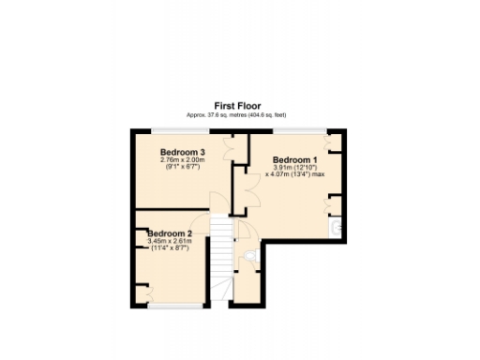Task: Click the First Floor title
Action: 239,106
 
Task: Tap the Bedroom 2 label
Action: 170,233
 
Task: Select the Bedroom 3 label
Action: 183,152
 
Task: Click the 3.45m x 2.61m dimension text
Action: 170,241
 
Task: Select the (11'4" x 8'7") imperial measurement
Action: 170,248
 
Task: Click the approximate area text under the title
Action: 239,114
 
